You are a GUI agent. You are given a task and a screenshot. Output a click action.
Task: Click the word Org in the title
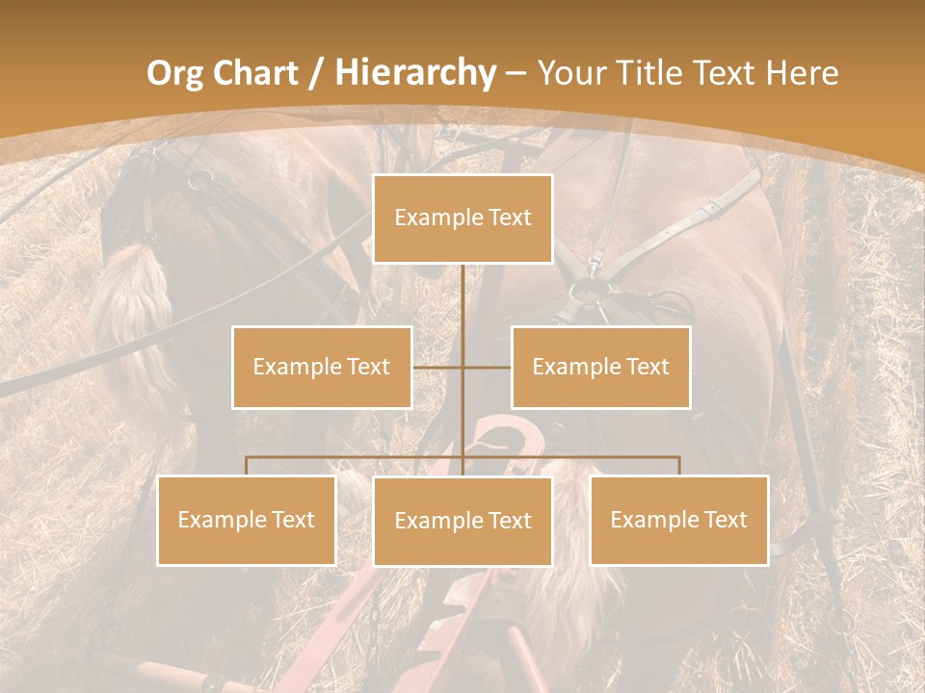coord(175,73)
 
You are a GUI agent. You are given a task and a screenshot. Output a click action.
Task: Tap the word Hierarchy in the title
coord(415,73)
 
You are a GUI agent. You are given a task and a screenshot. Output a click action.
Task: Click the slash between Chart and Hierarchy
coord(315,73)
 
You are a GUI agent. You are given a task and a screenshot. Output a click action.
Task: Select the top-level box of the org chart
coord(463,218)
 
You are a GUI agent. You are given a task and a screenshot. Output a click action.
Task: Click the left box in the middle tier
coord(322,367)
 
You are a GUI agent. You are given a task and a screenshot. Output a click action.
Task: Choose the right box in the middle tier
coord(600,367)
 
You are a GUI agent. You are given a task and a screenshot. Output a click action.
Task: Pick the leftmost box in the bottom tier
coord(247,520)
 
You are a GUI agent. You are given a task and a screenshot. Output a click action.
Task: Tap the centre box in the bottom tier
coord(463,521)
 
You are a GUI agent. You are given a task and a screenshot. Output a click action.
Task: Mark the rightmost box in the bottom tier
coord(679,520)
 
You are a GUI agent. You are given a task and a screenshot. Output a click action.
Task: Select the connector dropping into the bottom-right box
coord(679,466)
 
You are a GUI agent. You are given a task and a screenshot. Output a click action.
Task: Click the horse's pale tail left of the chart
coord(130,308)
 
